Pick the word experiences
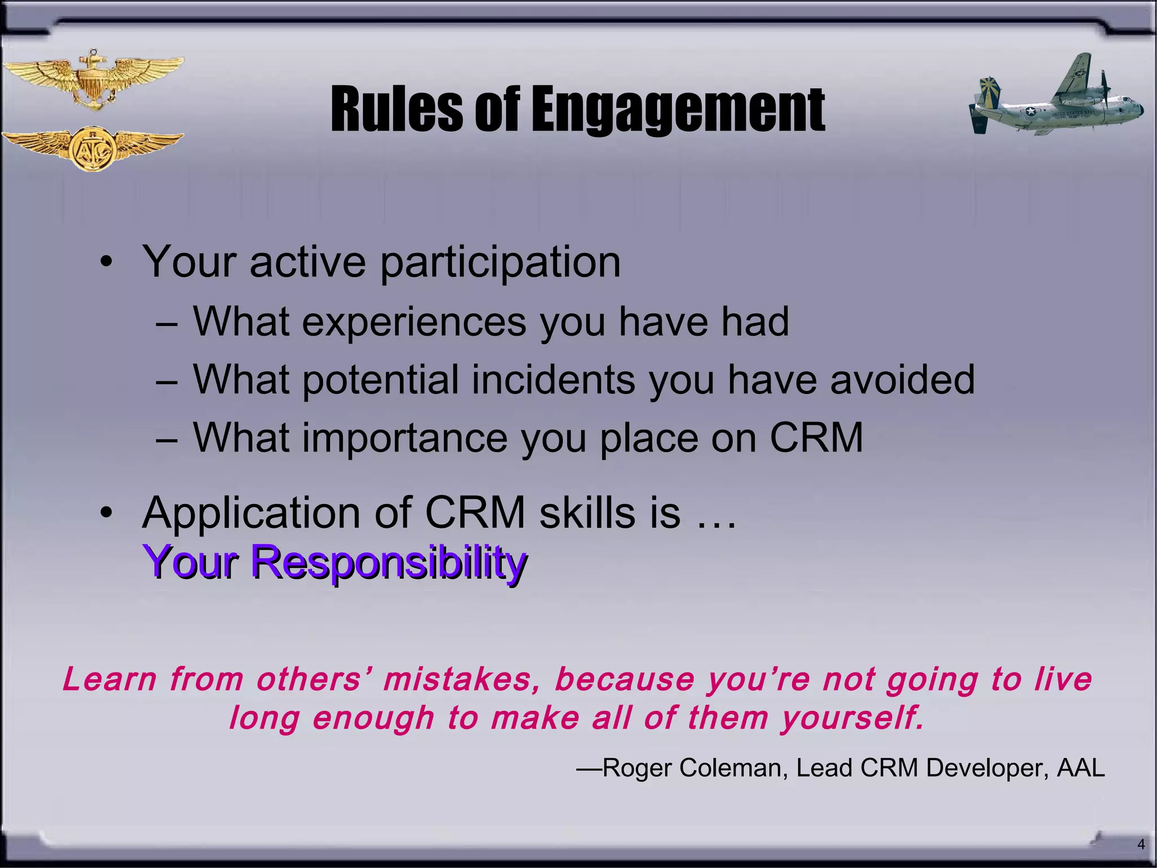pos(414,322)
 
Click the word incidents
pos(554,379)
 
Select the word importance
pos(404,438)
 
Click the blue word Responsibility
pos(389,562)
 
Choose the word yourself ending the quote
pos(852,718)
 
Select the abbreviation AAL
pos(1080,768)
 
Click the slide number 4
pos(1141,844)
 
